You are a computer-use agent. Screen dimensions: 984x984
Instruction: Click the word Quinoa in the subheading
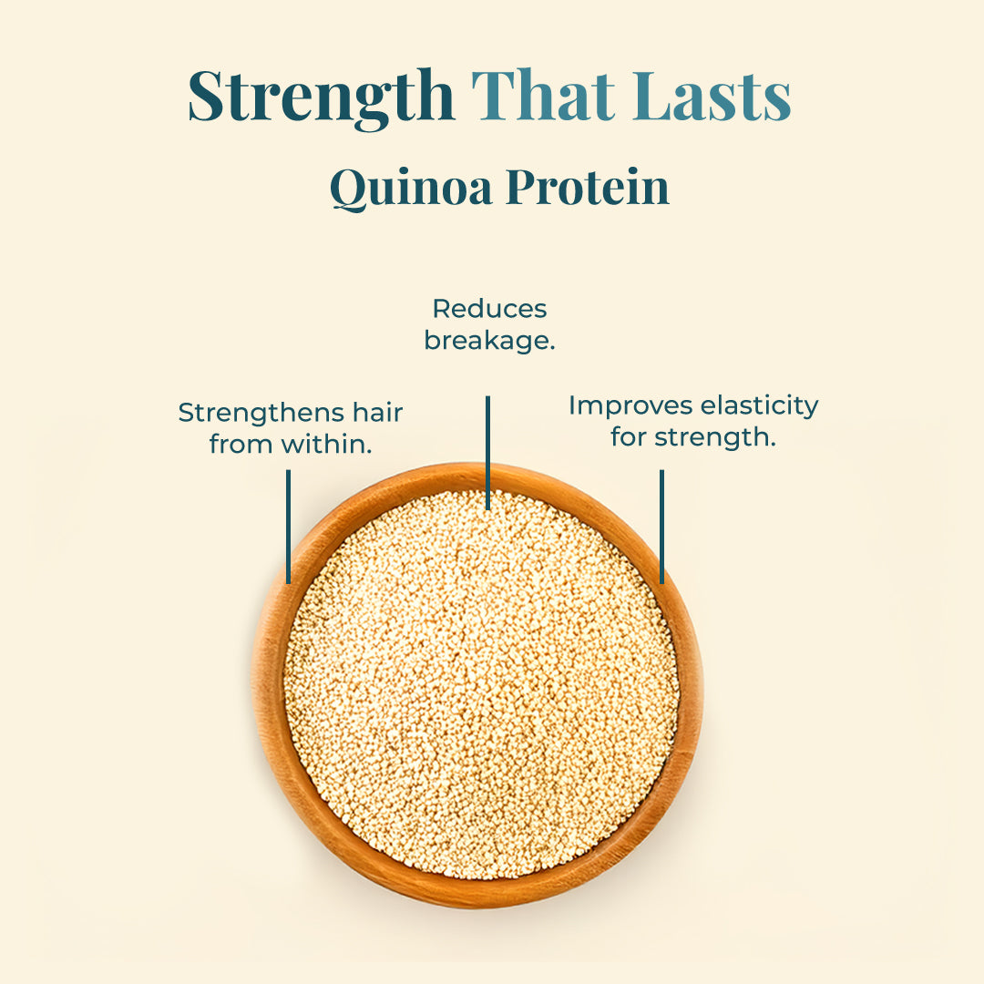click(412, 187)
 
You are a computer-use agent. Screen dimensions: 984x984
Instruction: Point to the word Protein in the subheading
click(588, 187)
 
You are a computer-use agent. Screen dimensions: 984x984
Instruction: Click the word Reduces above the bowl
click(489, 309)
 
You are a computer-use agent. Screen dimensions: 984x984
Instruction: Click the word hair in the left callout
click(377, 413)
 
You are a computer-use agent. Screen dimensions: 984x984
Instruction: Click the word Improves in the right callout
click(629, 405)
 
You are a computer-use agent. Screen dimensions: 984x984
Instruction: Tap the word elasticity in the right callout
click(757, 405)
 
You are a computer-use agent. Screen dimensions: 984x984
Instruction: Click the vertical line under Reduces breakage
click(487, 452)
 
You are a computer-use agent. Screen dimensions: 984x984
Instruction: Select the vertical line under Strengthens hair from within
click(288, 527)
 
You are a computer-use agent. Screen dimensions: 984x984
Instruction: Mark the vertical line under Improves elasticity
click(661, 527)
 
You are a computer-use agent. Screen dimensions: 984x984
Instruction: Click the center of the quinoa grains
click(481, 685)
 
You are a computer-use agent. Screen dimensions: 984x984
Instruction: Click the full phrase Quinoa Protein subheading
click(499, 187)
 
